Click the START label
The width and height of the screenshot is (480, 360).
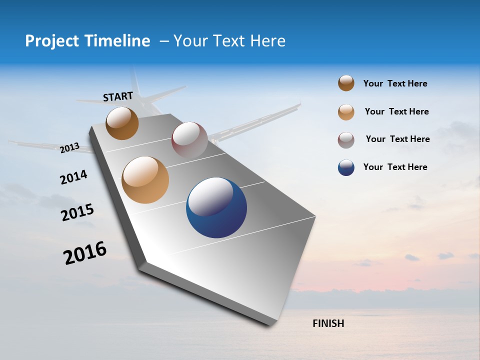pyautogui.click(x=118, y=96)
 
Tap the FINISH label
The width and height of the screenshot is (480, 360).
pyautogui.click(x=328, y=323)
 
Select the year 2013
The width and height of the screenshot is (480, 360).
pyautogui.click(x=70, y=147)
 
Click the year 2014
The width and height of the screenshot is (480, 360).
pyautogui.click(x=73, y=177)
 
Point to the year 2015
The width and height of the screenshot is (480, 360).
pyautogui.click(x=77, y=212)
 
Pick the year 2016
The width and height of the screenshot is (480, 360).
pyautogui.click(x=85, y=252)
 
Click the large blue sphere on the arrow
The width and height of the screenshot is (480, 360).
pyautogui.click(x=216, y=207)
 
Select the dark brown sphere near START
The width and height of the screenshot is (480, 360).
pyautogui.click(x=122, y=123)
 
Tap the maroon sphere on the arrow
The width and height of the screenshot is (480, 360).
pyautogui.click(x=189, y=139)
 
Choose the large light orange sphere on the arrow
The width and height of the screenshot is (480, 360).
pyautogui.click(x=145, y=180)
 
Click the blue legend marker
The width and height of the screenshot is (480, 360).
pyautogui.click(x=346, y=167)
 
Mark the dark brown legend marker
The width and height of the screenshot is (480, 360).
pyautogui.click(x=346, y=83)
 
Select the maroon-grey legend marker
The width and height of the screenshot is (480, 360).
pyautogui.click(x=346, y=139)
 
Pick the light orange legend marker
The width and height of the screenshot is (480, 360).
pyautogui.click(x=346, y=111)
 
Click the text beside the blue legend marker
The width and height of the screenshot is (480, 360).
pyautogui.click(x=395, y=167)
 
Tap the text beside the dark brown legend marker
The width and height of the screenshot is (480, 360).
pyautogui.click(x=395, y=83)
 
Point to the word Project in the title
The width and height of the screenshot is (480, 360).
pyautogui.click(x=51, y=41)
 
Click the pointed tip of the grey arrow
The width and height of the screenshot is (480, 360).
pyautogui.click(x=270, y=325)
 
